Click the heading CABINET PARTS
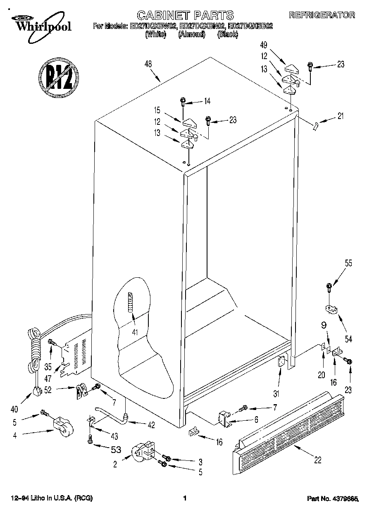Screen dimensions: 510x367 point(185,16)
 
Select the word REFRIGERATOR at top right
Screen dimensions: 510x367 point(322,15)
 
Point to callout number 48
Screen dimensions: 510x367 point(148,64)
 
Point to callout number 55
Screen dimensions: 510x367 point(348,262)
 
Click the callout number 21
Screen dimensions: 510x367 point(340,116)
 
